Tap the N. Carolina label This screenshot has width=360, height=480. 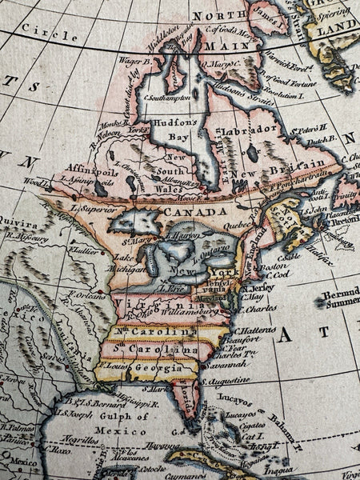pyautogui.click(x=165, y=331)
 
